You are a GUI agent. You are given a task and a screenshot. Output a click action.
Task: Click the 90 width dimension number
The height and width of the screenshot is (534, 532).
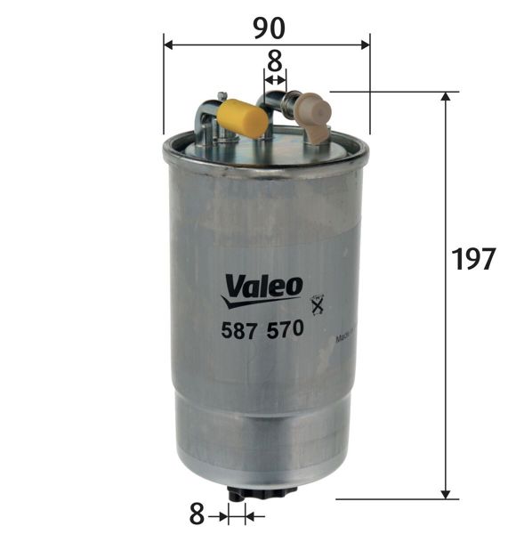pyautogui.click(x=268, y=28)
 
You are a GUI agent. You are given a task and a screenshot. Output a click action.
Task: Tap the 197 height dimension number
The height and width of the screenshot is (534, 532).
pyautogui.click(x=472, y=260)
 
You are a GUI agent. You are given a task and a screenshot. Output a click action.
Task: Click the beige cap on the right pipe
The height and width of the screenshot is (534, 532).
pyautogui.click(x=314, y=112)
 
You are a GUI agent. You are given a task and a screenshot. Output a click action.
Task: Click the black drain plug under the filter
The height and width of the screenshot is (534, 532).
pyautogui.click(x=238, y=495)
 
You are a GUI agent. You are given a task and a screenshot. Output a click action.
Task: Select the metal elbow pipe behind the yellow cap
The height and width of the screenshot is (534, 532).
pyautogui.click(x=206, y=117)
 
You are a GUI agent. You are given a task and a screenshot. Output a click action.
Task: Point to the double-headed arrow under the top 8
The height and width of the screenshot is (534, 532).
pyautogui.click(x=275, y=80)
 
